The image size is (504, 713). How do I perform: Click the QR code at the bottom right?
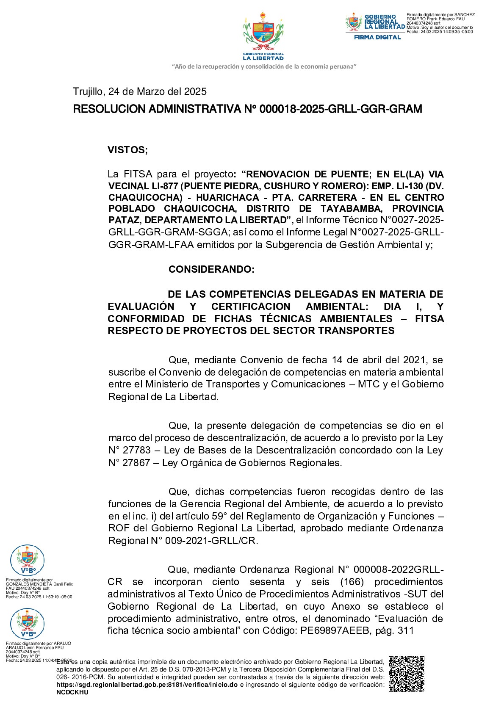[406, 674]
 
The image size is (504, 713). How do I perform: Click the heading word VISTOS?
[127, 150]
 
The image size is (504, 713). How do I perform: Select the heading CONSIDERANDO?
[211, 269]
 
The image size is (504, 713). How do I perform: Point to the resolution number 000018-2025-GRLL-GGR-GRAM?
[341, 109]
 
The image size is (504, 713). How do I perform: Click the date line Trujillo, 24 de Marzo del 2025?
[140, 91]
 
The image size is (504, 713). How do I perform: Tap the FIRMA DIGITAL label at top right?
[377, 37]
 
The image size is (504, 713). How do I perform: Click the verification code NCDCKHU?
[72, 692]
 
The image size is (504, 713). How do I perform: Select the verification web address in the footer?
[147, 685]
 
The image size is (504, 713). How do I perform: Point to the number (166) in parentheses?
[353, 582]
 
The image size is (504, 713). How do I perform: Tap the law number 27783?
[136, 450]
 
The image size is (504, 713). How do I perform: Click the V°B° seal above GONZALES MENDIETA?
[28, 561]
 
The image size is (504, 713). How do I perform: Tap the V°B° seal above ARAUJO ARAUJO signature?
[28, 624]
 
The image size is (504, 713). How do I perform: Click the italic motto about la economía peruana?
[264, 66]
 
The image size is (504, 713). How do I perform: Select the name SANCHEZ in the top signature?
[465, 15]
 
